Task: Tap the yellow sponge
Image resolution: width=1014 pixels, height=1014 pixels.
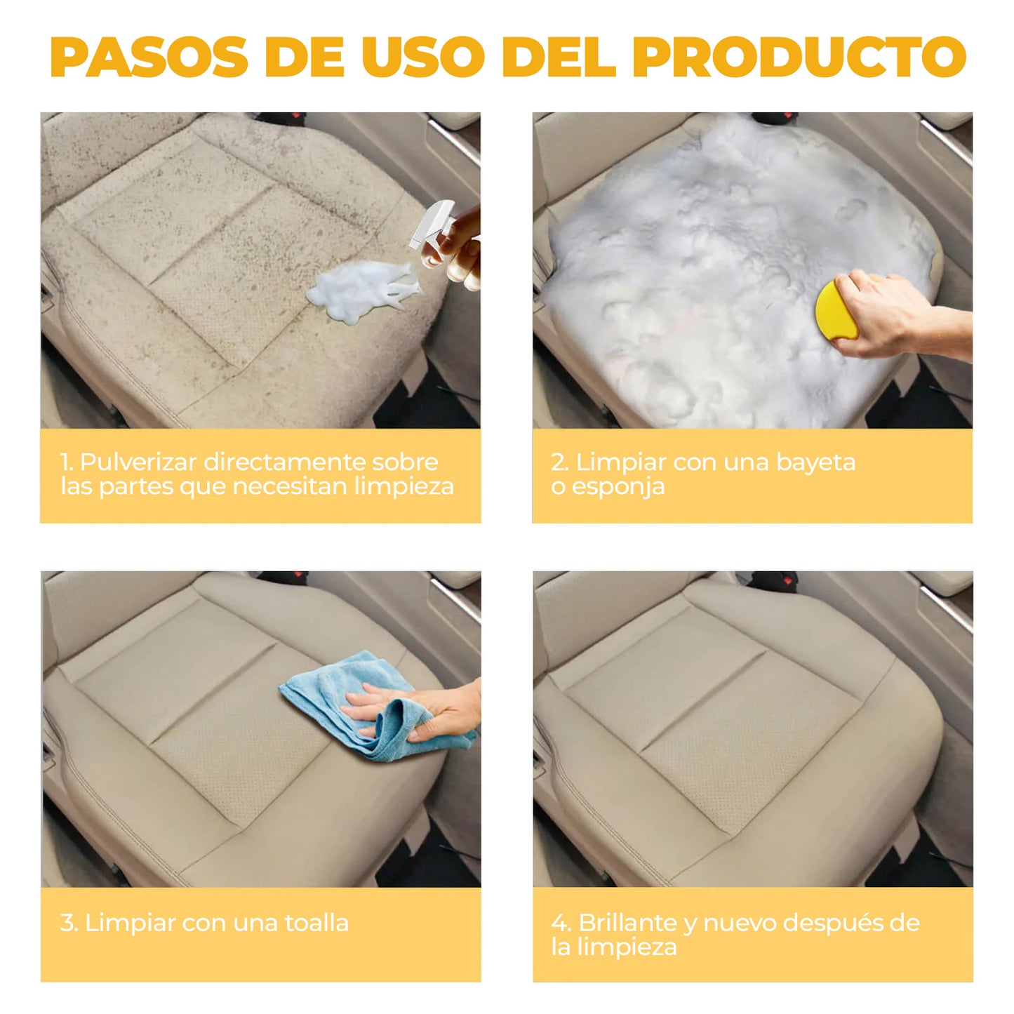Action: (x=835, y=311)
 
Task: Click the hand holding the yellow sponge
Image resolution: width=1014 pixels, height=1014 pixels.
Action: (x=891, y=316)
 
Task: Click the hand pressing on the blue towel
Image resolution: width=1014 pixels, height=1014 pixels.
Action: (x=421, y=712)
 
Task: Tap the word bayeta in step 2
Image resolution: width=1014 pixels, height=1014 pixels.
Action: (x=815, y=462)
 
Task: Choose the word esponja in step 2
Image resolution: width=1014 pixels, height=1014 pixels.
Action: (x=618, y=487)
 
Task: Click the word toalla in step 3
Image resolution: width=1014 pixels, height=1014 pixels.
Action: (x=316, y=923)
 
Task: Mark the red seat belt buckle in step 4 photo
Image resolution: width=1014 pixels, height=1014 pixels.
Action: (x=774, y=580)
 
